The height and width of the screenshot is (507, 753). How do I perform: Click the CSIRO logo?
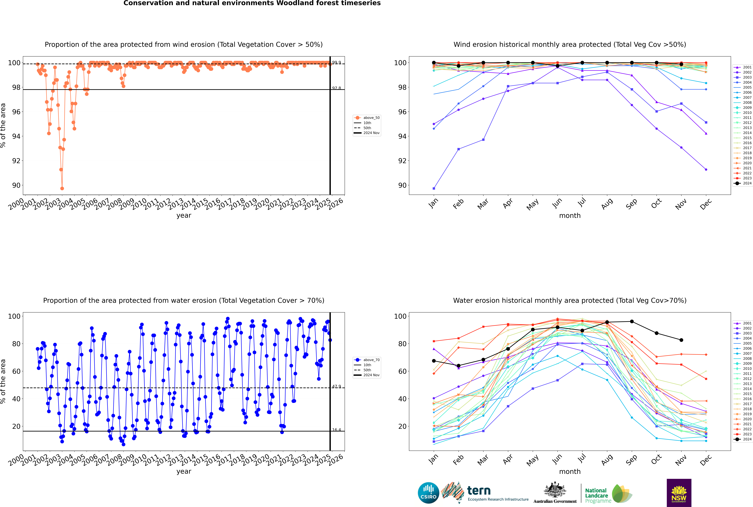(x=428, y=493)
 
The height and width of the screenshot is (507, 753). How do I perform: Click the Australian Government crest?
(x=555, y=490)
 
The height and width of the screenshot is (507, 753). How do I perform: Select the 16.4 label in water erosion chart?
(x=336, y=430)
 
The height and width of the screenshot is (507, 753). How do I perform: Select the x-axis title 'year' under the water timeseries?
(x=184, y=471)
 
